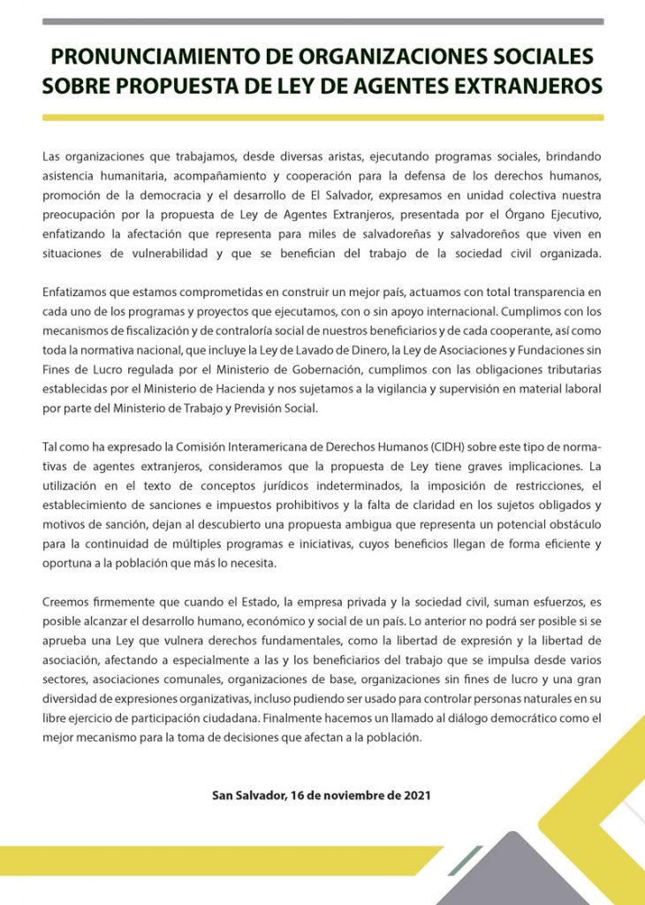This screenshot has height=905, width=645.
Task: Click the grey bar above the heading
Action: pyautogui.click(x=322, y=21)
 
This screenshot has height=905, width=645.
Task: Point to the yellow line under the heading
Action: pyautogui.click(x=322, y=117)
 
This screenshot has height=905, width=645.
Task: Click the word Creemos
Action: pyautogui.click(x=65, y=602)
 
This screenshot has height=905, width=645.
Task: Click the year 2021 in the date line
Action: pyautogui.click(x=416, y=795)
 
